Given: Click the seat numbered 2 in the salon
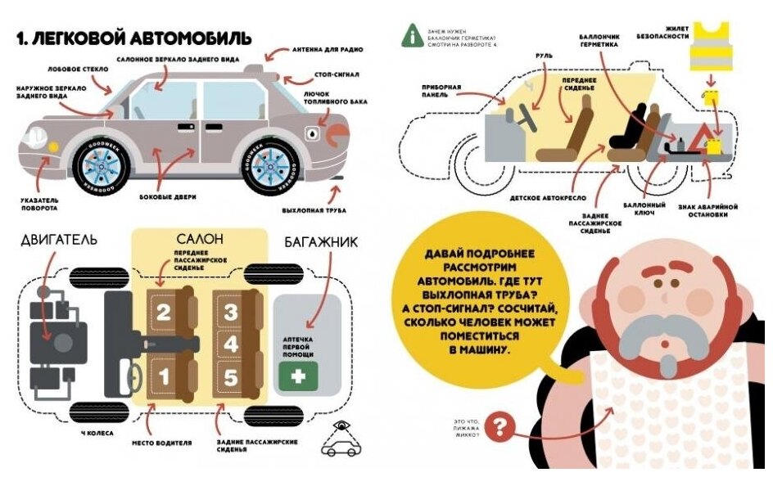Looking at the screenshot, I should coord(164,312).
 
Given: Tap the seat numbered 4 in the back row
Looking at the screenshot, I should coord(231,344).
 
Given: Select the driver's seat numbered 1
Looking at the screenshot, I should coord(164,377).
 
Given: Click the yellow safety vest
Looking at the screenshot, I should coord(710,48).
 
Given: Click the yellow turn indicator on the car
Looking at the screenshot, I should coord(54,146).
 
